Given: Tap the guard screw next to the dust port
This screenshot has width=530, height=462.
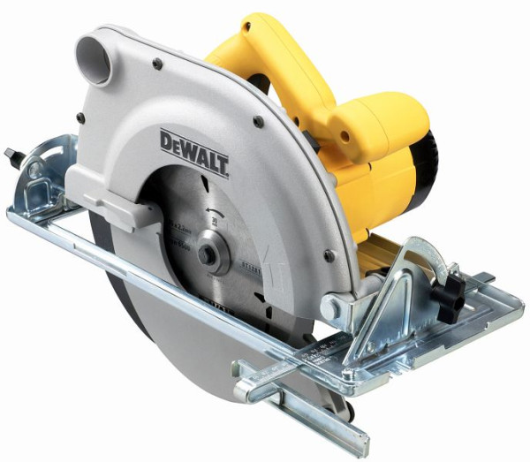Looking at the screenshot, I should tap(156, 63).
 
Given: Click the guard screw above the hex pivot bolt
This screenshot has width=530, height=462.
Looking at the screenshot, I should tap(329, 255).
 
